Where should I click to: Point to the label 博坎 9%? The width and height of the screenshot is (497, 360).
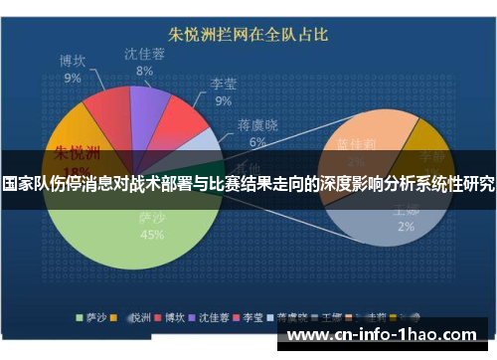click(x=73, y=70)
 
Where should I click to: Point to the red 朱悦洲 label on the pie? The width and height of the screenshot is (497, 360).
click(x=77, y=154)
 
